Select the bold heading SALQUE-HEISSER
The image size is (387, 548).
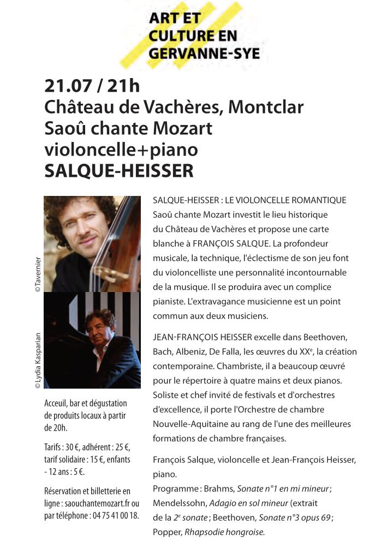(118, 171)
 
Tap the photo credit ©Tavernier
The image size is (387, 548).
(38, 273)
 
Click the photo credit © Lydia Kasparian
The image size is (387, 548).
(38, 360)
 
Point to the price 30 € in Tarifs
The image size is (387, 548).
(75, 448)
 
